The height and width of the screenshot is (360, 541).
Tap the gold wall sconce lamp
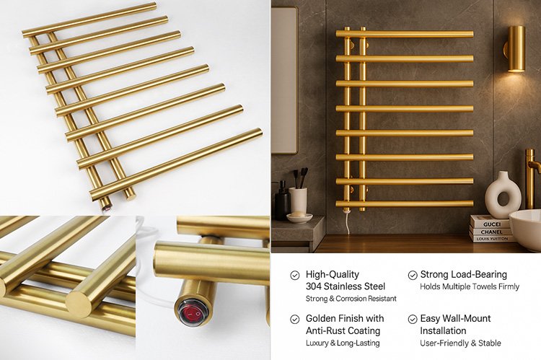tap(516, 48)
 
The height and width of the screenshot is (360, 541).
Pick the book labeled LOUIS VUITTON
tap(492, 239)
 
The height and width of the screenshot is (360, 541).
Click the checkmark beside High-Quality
tap(294, 275)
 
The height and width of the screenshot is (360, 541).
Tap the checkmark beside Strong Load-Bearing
tap(413, 275)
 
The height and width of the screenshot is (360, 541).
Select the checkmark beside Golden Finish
tap(294, 319)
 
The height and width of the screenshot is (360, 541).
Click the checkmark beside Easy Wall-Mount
tap(413, 319)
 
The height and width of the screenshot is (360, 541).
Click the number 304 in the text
tap(313, 286)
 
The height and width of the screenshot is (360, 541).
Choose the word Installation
tap(443, 330)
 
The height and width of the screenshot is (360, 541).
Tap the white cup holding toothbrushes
tap(298, 200)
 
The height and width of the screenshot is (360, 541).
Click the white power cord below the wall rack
tap(347, 221)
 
